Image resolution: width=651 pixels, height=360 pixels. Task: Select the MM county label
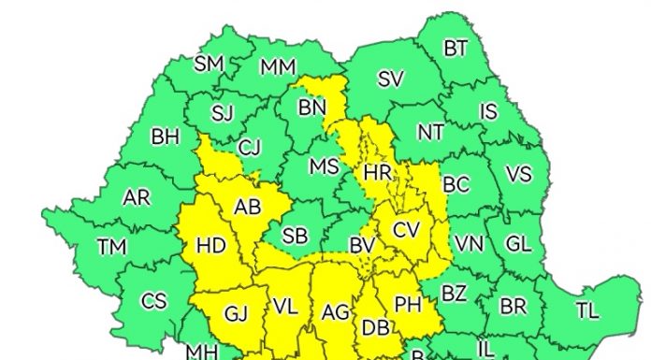[278, 67]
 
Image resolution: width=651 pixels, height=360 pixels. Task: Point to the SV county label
[390, 79]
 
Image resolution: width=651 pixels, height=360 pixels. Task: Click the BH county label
[165, 137]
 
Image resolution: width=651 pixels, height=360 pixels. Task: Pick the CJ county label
[249, 147]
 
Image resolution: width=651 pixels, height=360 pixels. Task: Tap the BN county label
[311, 108]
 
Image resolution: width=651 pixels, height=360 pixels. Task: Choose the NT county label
[430, 133]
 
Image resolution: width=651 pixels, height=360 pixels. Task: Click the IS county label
[488, 112]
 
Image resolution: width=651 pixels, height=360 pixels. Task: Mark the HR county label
[378, 173]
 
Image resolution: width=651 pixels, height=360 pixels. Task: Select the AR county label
[137, 197]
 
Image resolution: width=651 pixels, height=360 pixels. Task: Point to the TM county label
[112, 247]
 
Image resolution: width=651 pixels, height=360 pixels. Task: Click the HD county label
[211, 246]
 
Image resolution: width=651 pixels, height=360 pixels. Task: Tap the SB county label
[295, 237]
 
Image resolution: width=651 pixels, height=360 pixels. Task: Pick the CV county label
[406, 229]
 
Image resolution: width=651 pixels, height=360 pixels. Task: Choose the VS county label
[517, 175]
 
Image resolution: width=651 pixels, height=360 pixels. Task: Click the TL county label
[586, 310]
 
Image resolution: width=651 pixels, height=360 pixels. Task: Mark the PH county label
[408, 304]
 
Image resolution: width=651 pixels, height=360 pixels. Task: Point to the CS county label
[153, 301]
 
